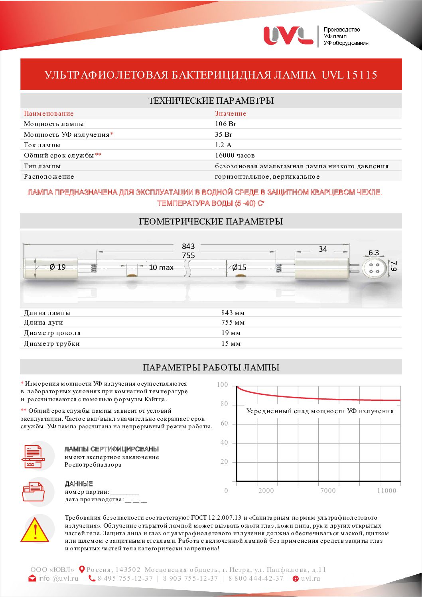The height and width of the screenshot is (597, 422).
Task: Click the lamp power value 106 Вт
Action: (225, 124)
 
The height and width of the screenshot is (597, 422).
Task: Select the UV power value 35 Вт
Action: (223, 135)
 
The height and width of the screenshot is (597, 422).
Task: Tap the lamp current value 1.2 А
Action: (223, 145)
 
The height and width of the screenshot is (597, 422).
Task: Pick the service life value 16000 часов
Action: (235, 156)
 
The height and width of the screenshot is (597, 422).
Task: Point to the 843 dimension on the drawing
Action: (188, 246)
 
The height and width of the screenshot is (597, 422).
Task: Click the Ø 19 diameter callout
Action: (57, 267)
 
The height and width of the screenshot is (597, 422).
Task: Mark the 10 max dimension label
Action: (161, 268)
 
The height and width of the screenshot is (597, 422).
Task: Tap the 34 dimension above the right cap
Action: (323, 249)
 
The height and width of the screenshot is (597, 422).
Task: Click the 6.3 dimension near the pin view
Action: (374, 253)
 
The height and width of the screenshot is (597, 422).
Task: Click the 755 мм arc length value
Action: (233, 323)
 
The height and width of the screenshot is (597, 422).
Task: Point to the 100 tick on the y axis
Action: (223, 385)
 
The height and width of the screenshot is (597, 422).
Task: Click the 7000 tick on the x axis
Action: (328, 491)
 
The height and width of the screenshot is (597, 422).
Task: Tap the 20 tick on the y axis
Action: (224, 462)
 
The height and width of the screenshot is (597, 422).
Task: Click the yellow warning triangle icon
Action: (35, 530)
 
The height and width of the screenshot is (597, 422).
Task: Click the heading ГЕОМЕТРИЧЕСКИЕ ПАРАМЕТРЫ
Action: (211, 221)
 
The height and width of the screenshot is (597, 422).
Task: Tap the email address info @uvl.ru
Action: (58, 579)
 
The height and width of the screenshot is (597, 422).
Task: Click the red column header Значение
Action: (231, 114)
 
